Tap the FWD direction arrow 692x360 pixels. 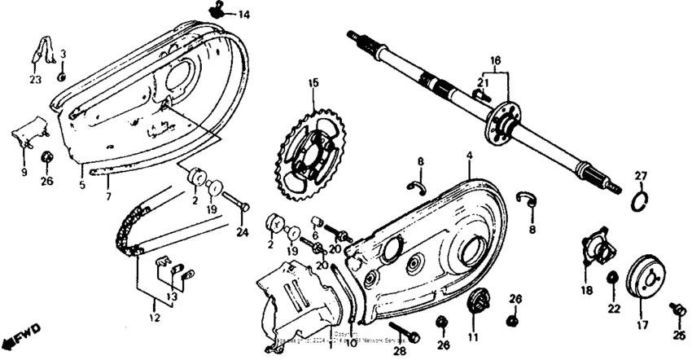pos(18,338)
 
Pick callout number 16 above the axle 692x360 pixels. pos(495,61)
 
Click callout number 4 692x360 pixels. pos(470,154)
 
